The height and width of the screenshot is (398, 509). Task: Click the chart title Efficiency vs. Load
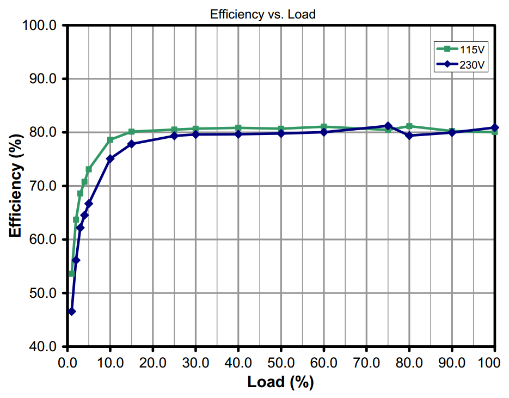(263, 15)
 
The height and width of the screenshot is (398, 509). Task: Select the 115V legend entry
(461, 50)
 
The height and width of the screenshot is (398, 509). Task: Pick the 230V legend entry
(461, 64)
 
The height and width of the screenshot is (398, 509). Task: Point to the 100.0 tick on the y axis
(42, 26)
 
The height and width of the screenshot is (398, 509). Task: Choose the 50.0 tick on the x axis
(281, 362)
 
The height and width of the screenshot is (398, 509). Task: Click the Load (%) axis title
(280, 382)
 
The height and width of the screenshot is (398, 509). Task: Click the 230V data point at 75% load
(388, 126)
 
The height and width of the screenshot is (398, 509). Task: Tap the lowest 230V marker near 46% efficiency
(71, 311)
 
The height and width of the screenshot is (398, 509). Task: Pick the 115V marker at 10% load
(110, 140)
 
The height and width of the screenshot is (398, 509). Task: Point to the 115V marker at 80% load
(409, 126)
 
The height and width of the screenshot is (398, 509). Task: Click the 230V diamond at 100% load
(494, 128)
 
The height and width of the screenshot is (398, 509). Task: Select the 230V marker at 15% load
(131, 144)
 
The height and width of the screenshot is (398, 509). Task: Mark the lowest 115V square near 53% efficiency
(71, 274)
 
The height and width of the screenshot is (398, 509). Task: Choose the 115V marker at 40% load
(238, 128)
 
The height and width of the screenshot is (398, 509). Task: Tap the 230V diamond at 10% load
(110, 159)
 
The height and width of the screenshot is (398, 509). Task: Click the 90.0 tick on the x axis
(451, 362)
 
